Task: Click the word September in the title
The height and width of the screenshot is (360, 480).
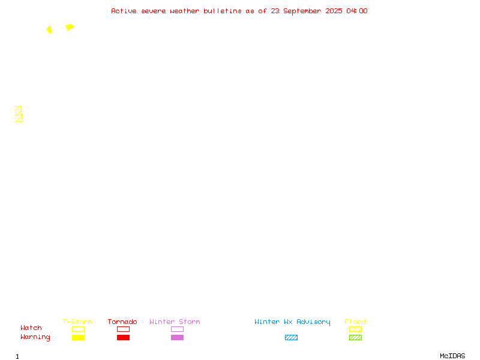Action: click(302, 11)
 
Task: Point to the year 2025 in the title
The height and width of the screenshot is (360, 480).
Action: click(334, 11)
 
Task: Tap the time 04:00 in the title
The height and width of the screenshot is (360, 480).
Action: click(356, 11)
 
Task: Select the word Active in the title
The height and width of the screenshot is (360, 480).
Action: click(124, 11)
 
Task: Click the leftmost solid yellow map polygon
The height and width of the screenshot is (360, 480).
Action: click(50, 29)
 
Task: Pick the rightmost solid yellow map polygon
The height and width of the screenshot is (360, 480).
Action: click(70, 27)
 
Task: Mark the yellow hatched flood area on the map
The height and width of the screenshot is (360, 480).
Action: click(19, 114)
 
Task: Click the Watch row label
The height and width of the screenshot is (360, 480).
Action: click(31, 328)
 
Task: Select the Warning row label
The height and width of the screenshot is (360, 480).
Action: click(35, 337)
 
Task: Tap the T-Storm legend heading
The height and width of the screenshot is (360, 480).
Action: click(77, 322)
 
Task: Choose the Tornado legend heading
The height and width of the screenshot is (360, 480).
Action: click(122, 322)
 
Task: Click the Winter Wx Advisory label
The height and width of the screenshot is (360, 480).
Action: click(292, 322)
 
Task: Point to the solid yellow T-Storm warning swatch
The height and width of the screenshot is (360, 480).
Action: click(79, 337)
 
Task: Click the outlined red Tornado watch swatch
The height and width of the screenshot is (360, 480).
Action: click(124, 329)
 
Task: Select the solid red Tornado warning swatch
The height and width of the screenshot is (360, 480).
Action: click(124, 337)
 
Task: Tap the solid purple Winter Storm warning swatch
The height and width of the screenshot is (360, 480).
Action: click(177, 337)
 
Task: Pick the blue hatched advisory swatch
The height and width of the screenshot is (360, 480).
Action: click(291, 337)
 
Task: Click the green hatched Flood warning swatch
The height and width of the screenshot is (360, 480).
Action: click(355, 337)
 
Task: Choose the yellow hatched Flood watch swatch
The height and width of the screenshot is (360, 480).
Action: click(355, 329)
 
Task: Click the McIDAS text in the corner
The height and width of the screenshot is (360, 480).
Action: click(452, 356)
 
